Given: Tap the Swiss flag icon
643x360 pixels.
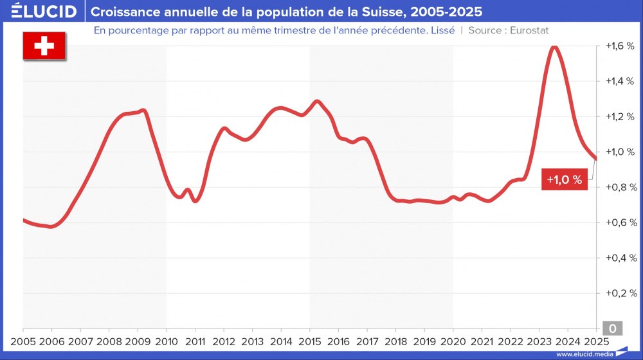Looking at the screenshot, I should pos(44,46).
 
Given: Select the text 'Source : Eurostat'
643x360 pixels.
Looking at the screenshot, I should pos(509,30).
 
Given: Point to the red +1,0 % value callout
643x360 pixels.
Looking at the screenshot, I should pos(564,180).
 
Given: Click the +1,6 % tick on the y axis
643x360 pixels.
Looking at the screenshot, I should pos(620,46).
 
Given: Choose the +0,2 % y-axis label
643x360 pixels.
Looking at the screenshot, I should pos(620,293).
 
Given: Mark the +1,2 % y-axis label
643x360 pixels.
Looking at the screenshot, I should pos(620,116).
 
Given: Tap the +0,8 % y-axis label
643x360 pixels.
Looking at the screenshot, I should pos(620,187).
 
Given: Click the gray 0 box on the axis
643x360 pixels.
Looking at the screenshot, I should pos(612,328).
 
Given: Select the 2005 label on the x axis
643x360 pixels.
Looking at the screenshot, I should pos(23,341).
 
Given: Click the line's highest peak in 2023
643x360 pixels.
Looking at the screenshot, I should pos(554,46).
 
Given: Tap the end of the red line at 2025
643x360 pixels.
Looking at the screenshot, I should pos(595,158).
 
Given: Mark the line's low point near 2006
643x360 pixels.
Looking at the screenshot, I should pos(51,226).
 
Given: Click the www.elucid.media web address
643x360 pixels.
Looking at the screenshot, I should pos(583,354).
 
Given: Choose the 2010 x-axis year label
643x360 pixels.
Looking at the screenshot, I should pos(167,341).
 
